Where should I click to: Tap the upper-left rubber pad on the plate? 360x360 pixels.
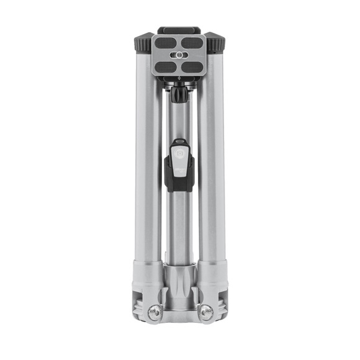[x=166, y=43]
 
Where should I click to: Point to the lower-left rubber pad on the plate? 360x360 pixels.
[x=166, y=66]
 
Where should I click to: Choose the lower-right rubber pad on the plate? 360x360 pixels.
[x=193, y=66]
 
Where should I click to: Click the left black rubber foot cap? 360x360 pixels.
[x=142, y=44]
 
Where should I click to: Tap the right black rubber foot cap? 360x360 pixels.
[x=217, y=44]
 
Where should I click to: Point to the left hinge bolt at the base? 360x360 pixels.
[x=155, y=312]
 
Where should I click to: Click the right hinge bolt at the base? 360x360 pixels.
[x=205, y=312]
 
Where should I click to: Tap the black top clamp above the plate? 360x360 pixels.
[x=179, y=29]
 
